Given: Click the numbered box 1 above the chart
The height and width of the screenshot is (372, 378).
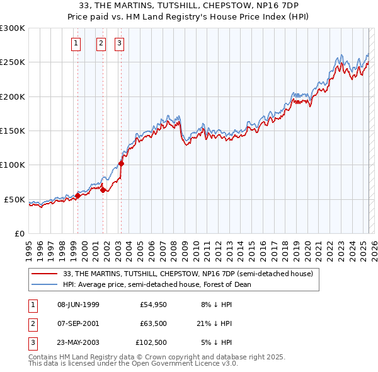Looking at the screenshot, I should (x=76, y=44).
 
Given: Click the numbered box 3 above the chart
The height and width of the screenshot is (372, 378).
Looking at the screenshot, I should (x=120, y=44).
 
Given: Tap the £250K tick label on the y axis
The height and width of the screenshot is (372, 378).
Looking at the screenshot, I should (x=13, y=62).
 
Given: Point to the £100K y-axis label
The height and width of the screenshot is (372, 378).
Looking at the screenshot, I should (x=13, y=165).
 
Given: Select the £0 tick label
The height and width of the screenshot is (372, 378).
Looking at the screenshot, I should (x=19, y=233).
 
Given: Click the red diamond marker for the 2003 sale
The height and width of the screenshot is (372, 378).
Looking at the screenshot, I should (x=122, y=163).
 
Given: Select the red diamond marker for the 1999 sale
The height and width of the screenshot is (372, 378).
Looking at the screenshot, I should (x=77, y=195).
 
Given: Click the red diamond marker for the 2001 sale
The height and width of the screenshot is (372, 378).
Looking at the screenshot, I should (x=103, y=190).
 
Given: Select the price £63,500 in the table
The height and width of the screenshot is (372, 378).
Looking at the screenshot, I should (x=151, y=323).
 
